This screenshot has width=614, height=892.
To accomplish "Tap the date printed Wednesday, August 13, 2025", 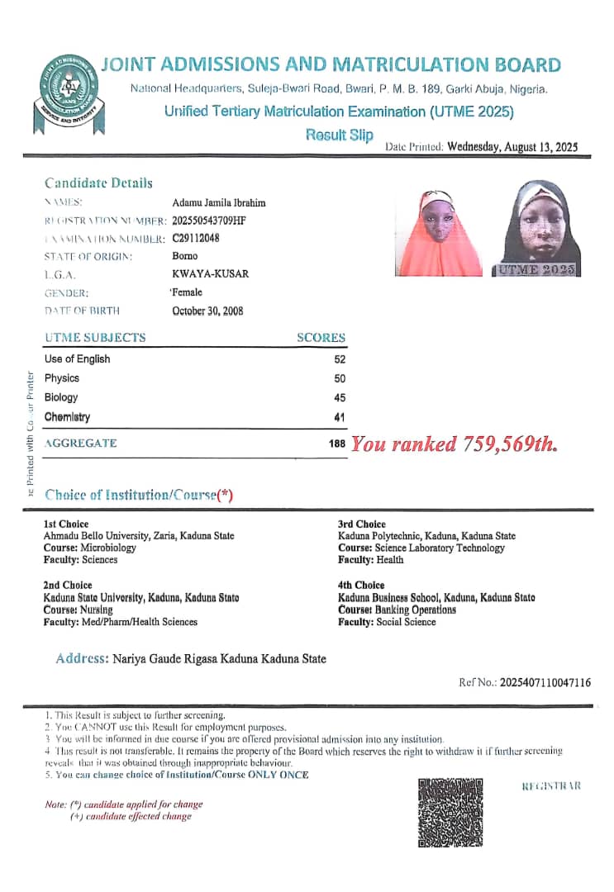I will pos(512,147).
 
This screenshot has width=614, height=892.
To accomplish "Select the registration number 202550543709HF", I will pos(209,221).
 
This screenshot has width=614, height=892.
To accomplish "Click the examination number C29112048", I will pos(196,239).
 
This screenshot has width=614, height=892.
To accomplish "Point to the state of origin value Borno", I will pos(185,256).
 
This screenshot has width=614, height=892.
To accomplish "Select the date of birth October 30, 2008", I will pos(207,311).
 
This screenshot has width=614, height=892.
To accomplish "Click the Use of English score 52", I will pos(340,359).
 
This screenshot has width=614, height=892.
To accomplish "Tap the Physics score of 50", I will pos(340,378).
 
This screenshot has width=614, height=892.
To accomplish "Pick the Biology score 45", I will pos(340,397).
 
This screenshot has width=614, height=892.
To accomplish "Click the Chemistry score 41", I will pos(340,417).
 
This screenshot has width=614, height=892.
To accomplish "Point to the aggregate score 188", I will pos(337,444).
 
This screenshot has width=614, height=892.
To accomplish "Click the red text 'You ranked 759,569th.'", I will pos(454,444).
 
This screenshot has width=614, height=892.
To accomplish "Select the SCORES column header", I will pos(321,338).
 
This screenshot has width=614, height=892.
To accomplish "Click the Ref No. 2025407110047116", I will pos(525,682).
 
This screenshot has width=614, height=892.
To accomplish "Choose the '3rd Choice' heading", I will pos(362,524).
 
